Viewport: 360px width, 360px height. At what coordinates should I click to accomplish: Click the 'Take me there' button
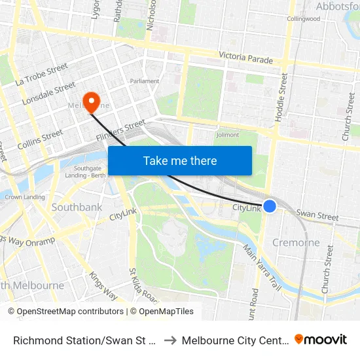point(180,161)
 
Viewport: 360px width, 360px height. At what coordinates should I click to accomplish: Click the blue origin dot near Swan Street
point(270,206)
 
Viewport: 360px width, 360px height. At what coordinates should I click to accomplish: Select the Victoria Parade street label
point(245,58)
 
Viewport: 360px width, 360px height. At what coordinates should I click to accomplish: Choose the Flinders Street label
point(120,130)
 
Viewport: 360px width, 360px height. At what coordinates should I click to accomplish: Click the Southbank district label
point(77,207)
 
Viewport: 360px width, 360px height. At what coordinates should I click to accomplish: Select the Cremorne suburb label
point(296,243)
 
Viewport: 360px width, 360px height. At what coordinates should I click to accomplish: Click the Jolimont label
point(227,135)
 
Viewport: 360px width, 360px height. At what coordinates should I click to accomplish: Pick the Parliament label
point(144,81)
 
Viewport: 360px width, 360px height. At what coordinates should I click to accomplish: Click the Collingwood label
point(303,19)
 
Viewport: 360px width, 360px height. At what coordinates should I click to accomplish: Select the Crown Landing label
point(25,196)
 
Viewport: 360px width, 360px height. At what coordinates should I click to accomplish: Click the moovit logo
point(321,340)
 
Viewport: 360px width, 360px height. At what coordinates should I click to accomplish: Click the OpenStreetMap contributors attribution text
point(66,312)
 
